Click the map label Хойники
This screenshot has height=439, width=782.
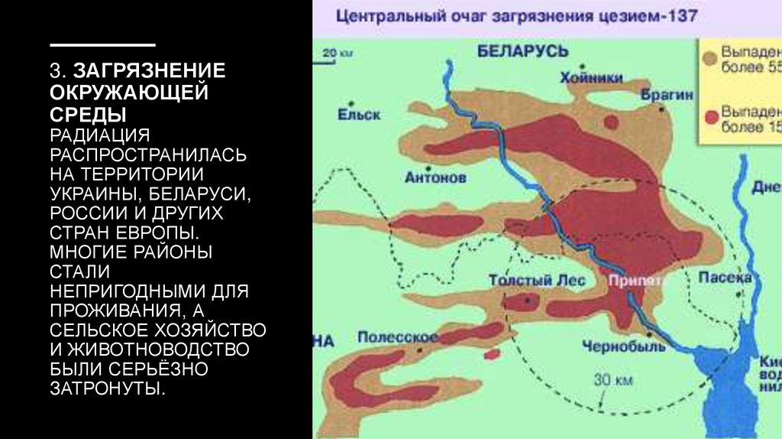(590, 77)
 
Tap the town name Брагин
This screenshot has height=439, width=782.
(667, 96)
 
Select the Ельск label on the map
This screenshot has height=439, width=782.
(358, 115)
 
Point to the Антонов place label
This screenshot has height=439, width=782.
(435, 177)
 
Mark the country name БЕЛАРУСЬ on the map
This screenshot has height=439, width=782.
(523, 51)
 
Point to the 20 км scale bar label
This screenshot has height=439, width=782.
(334, 53)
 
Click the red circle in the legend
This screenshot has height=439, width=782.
(710, 116)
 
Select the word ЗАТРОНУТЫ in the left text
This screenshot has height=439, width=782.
(107, 389)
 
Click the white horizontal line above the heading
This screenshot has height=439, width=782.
(102, 46)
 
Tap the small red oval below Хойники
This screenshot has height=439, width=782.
(610, 122)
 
